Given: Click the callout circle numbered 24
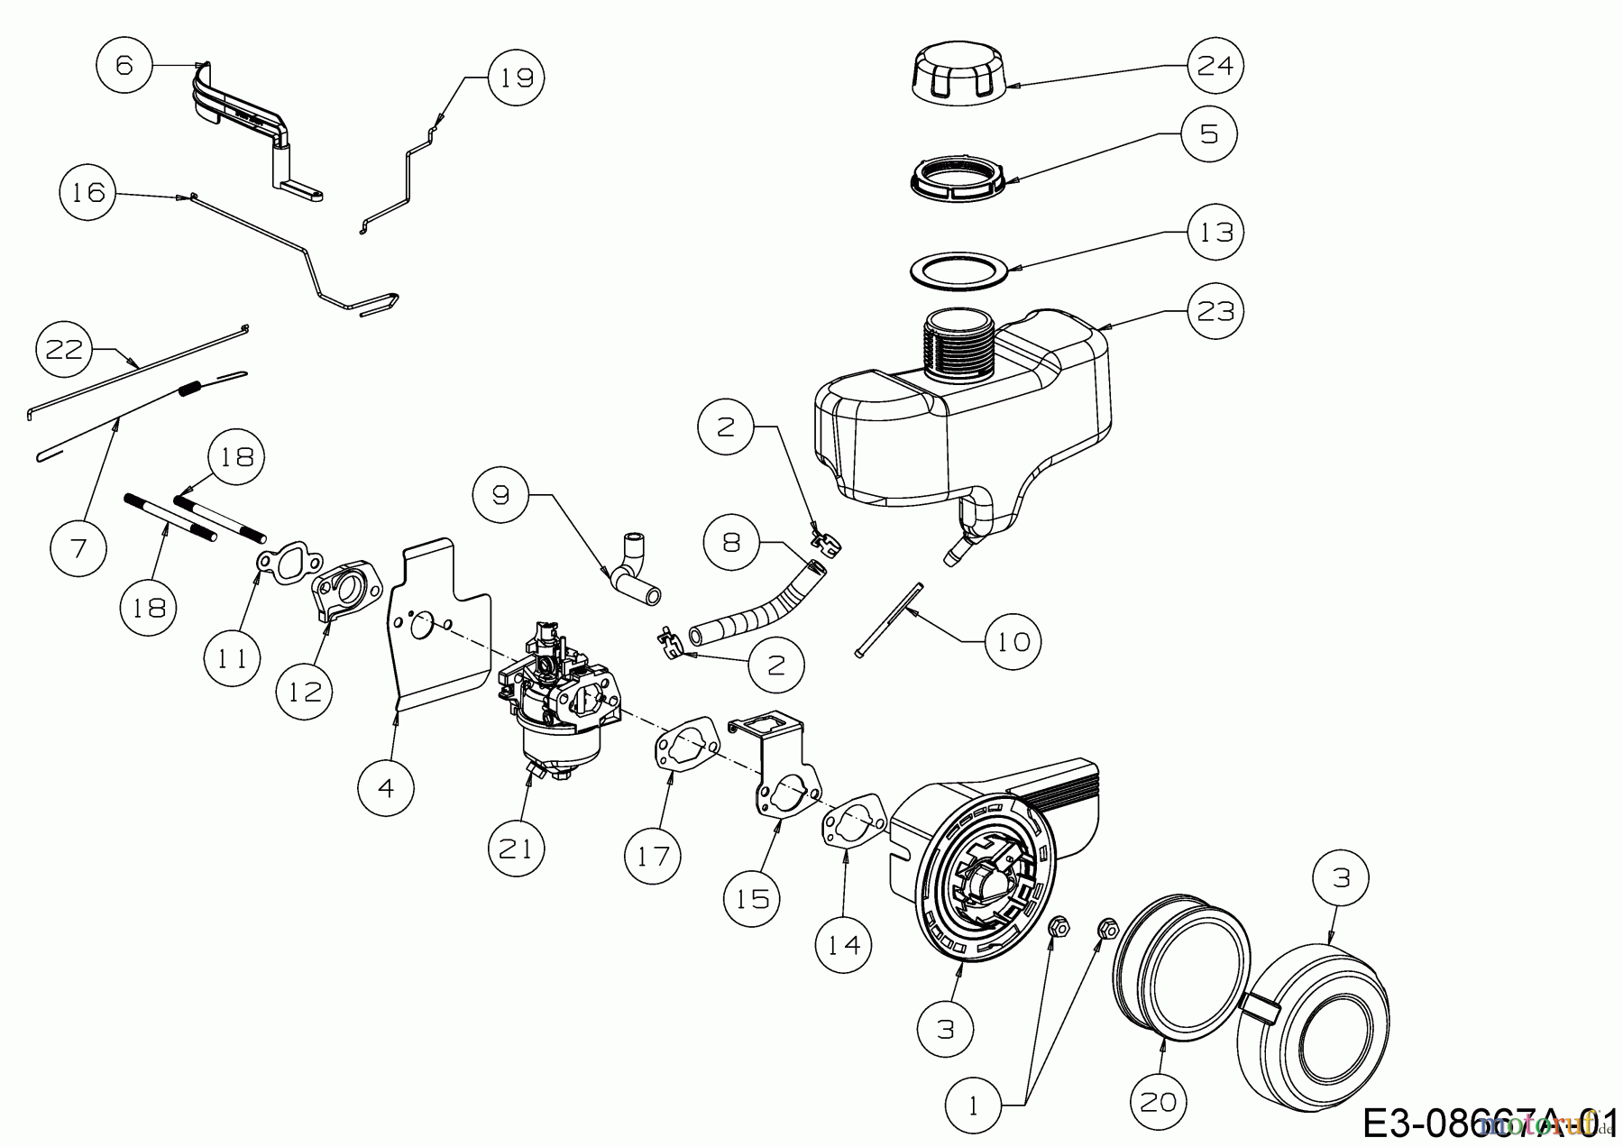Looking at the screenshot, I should point(1215,65).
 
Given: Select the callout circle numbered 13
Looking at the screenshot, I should point(1215,232).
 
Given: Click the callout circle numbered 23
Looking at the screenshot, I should point(1215,311).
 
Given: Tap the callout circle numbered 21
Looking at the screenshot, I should point(517,849).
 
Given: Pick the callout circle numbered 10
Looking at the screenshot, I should point(1013,641).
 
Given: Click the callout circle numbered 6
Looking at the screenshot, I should point(124,65).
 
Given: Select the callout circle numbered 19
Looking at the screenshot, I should point(517,78).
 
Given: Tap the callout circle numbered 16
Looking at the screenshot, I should point(88,192).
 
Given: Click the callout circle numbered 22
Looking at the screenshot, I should point(64,349).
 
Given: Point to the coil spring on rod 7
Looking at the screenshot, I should point(190,389).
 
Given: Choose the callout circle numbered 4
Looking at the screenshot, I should point(385,788).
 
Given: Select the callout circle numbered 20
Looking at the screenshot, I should point(1159,1101).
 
